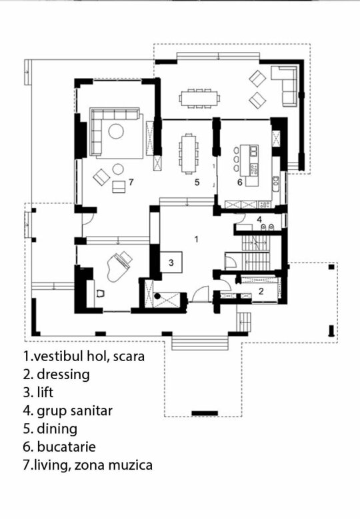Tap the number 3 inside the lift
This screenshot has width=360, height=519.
click(171, 262)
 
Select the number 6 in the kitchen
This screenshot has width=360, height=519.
click(240, 182)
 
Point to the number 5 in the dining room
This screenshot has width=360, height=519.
click(197, 182)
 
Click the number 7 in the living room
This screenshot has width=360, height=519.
click(131, 182)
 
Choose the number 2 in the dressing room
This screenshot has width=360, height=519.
click(261, 291)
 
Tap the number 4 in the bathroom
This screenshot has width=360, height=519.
click(259, 219)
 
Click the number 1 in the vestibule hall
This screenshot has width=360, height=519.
click(197, 239)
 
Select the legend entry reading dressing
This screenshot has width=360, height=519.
click(63, 374)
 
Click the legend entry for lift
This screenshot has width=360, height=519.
click(45, 392)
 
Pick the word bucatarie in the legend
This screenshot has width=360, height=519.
click(66, 447)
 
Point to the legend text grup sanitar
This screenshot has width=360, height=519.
click(75, 412)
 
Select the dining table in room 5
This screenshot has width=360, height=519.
click(189, 153)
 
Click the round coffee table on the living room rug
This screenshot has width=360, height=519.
click(116, 132)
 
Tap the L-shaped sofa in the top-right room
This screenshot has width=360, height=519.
click(284, 85)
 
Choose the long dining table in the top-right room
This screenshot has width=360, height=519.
click(199, 98)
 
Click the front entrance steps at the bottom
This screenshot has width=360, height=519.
click(200, 342)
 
